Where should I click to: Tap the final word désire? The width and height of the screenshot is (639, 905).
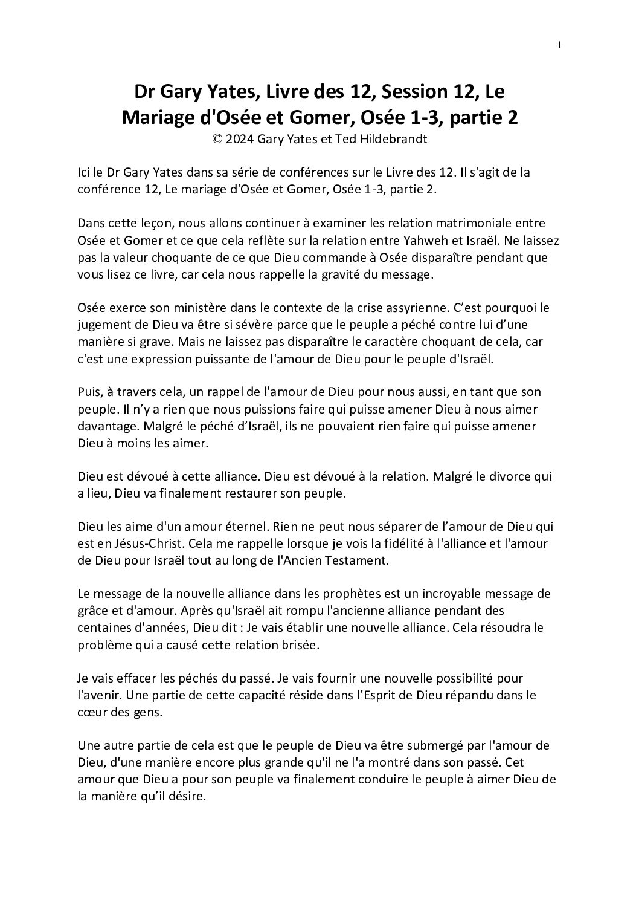[x=188, y=796]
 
